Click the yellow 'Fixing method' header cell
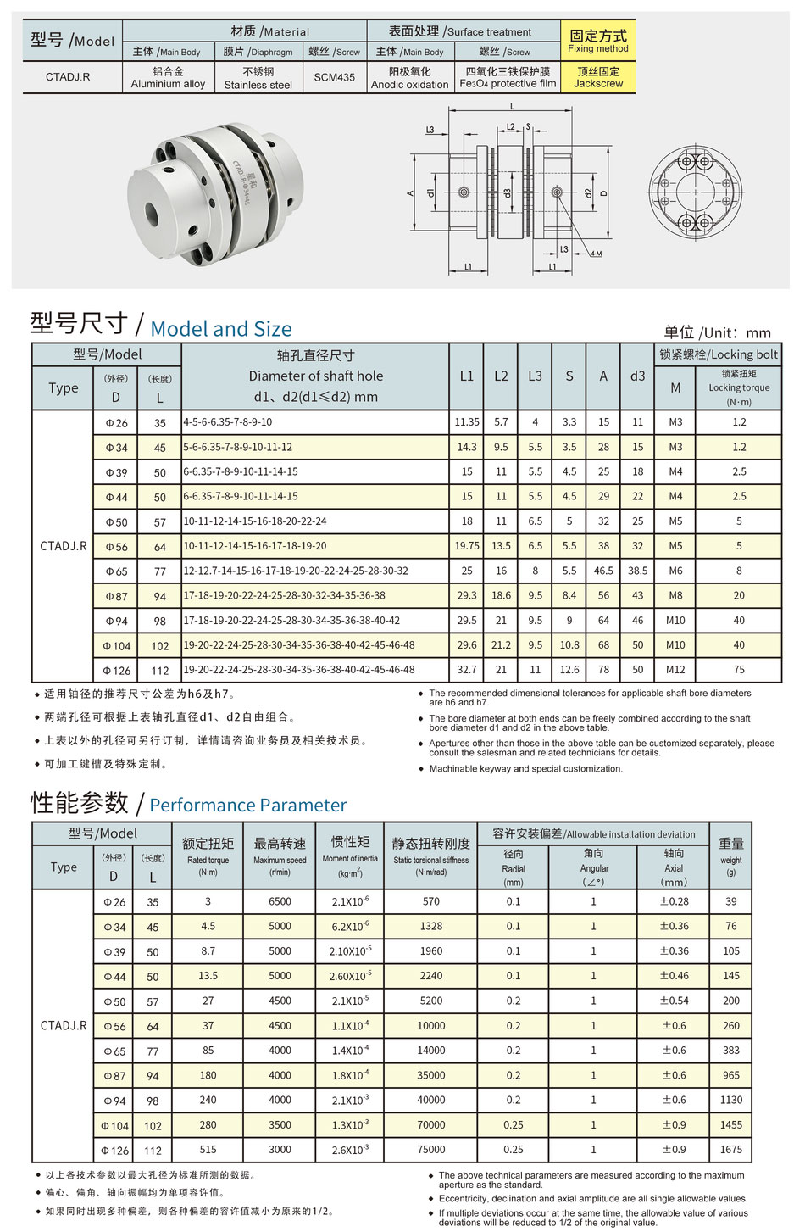click(597, 41)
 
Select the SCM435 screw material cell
click(334, 77)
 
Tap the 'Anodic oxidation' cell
click(409, 78)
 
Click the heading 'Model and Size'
click(220, 328)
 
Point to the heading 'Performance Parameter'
click(247, 805)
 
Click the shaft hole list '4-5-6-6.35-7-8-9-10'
click(228, 422)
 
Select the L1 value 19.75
click(467, 546)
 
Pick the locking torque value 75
click(739, 669)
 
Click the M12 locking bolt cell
click(675, 669)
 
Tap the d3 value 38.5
click(637, 571)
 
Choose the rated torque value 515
click(208, 1149)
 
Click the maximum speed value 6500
click(280, 901)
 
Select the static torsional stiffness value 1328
click(430, 926)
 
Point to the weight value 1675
click(730, 1149)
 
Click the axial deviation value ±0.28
click(675, 901)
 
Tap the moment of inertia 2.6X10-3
click(350, 1150)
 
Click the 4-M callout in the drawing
click(596, 254)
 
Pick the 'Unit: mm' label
click(717, 332)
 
